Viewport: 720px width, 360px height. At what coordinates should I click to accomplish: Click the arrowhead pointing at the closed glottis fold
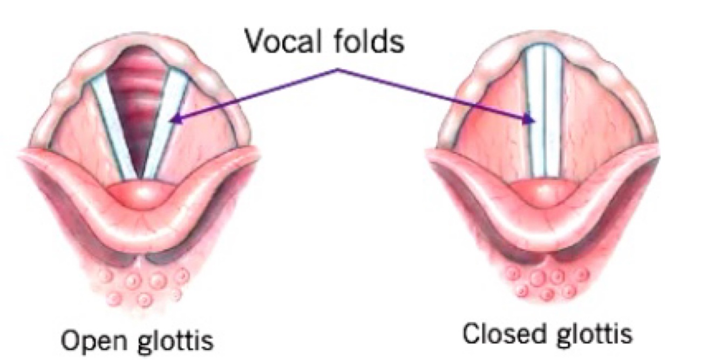(x=531, y=121)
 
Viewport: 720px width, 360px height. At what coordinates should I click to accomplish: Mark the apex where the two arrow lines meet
(x=338, y=70)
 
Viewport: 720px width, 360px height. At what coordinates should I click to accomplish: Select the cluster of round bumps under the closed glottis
(x=542, y=283)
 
